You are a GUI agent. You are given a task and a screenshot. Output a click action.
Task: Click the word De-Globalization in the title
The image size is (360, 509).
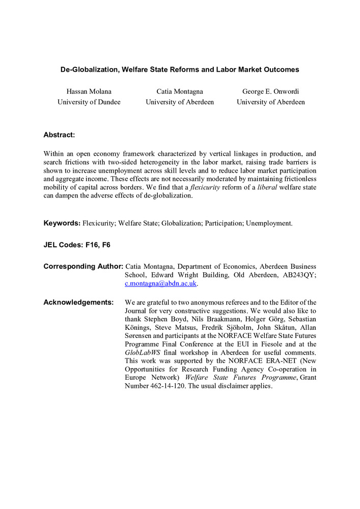91,69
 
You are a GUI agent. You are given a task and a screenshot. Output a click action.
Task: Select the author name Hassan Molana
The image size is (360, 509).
89,92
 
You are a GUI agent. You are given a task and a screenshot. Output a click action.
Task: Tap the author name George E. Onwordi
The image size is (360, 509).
270,92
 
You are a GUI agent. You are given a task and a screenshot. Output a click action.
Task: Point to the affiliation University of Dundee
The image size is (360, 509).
89,102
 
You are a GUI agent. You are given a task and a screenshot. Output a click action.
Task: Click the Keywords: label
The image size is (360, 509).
62,223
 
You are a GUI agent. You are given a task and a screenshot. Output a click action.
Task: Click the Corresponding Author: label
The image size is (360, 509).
83,266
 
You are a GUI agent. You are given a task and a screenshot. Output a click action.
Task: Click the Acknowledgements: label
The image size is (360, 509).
78,302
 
